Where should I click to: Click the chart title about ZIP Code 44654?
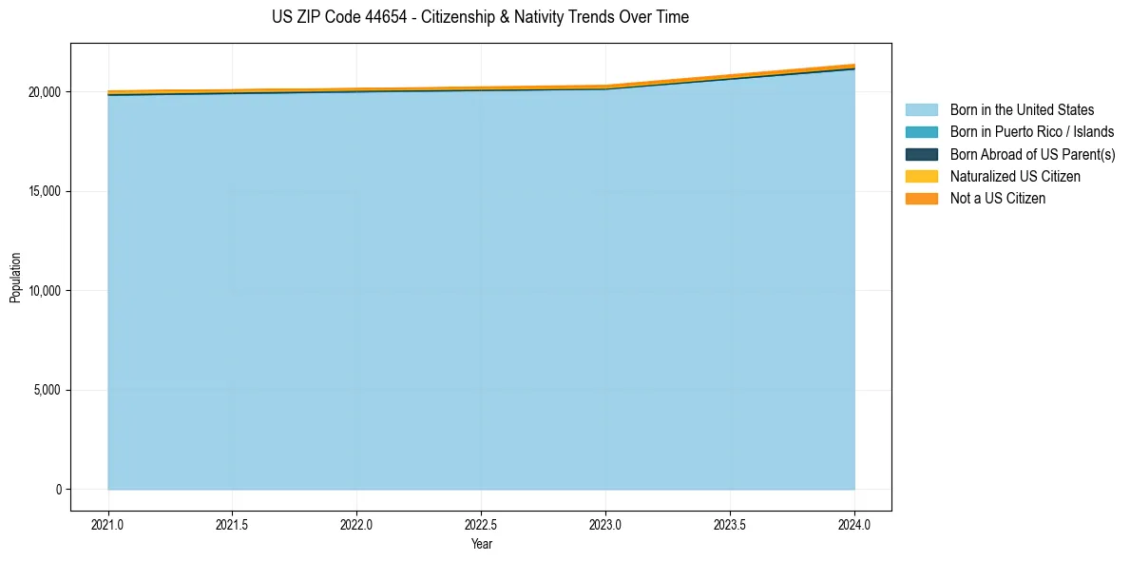[x=480, y=17]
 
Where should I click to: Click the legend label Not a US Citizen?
[x=998, y=199]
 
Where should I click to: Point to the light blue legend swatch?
[x=921, y=110]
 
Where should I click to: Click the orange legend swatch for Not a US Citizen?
[x=921, y=199]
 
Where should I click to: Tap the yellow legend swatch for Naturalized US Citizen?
[x=921, y=177]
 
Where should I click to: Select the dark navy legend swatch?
[x=921, y=154]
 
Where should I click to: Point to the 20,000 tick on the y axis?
[x=44, y=92]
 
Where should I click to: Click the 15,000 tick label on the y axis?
[x=44, y=191]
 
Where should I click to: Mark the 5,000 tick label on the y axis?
[x=47, y=390]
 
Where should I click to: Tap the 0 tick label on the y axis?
[x=58, y=490]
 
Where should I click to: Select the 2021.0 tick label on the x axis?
[x=108, y=523]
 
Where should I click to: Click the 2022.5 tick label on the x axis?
[x=481, y=523]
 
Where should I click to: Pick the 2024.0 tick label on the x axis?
[x=854, y=523]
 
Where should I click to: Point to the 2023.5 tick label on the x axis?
[x=730, y=523]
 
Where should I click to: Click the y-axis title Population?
[x=15, y=277]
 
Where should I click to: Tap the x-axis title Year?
[x=481, y=544]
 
